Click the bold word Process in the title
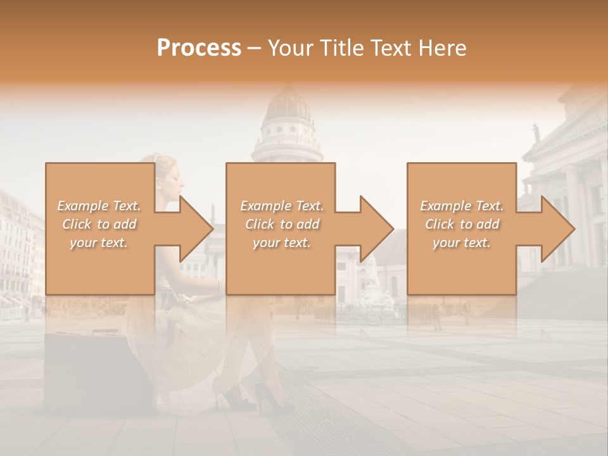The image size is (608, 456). (x=199, y=47)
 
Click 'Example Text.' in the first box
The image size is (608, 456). (x=99, y=206)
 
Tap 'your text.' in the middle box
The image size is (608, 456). (x=281, y=243)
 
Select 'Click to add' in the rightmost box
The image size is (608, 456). (x=462, y=224)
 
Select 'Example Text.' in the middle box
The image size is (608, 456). (x=281, y=206)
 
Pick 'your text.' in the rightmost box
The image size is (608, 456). (x=462, y=243)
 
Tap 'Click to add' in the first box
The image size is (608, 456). (x=99, y=224)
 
